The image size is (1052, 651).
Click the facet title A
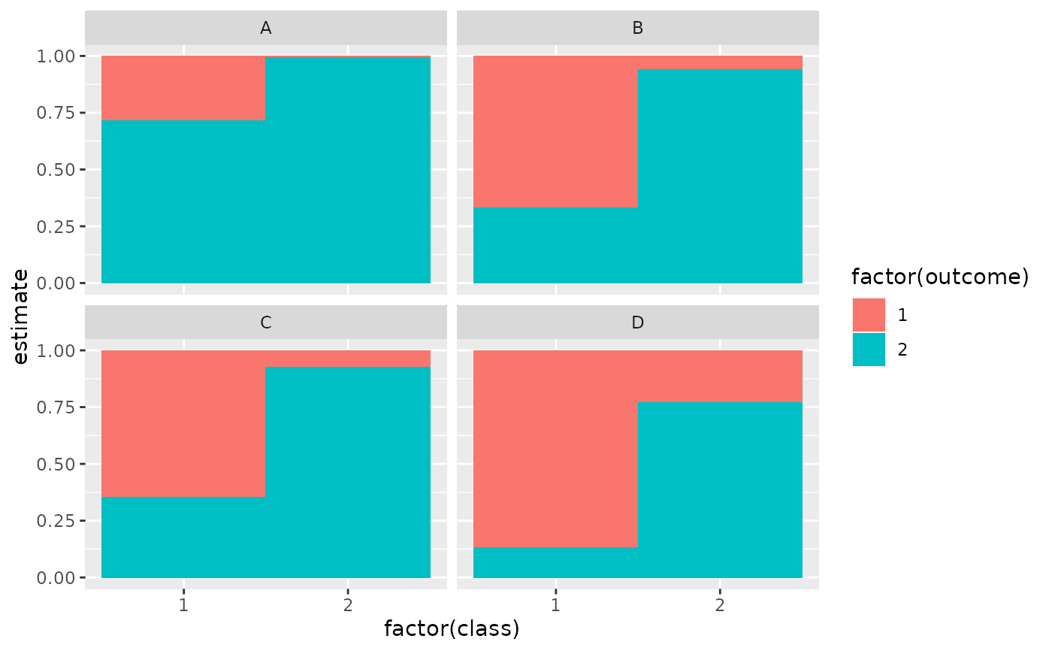(265, 29)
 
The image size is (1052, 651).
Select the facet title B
(637, 29)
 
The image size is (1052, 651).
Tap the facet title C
(265, 323)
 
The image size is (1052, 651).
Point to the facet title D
(637, 323)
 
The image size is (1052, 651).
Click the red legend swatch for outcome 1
(869, 315)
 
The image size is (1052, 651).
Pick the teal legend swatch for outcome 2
(869, 350)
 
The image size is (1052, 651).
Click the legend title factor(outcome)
(939, 277)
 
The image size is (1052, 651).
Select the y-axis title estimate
(21, 316)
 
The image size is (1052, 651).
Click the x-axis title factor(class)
(452, 628)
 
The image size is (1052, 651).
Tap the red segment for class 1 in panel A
(183, 88)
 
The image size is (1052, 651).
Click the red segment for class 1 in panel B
(555, 132)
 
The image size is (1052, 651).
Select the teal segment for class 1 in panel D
(555, 562)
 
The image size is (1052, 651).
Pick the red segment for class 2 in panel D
(720, 376)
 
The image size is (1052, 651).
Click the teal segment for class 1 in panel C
(183, 537)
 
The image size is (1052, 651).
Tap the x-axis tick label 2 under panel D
(720, 604)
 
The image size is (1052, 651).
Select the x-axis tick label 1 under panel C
(183, 604)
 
